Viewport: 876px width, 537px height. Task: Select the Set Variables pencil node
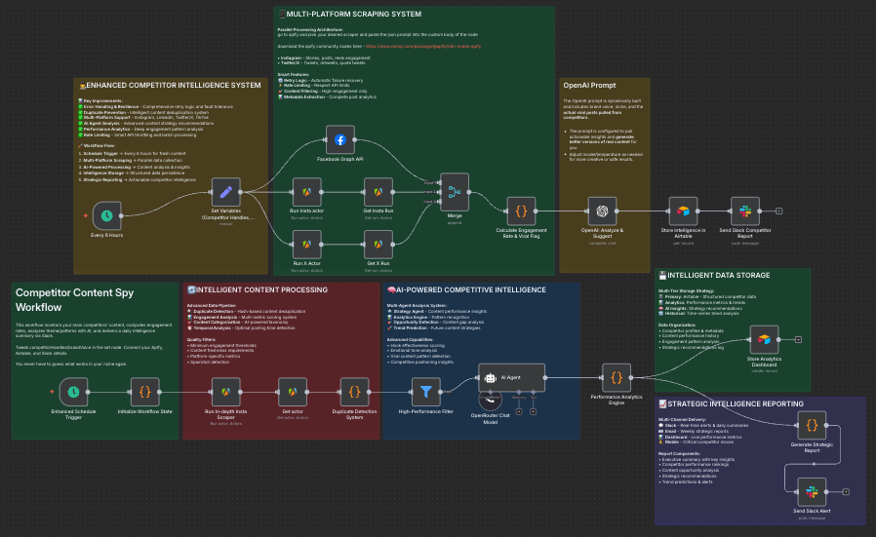tap(225, 195)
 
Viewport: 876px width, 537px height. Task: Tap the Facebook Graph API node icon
tap(340, 140)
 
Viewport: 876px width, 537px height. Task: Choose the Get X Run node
tap(378, 243)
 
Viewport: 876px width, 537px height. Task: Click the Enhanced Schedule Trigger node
tap(73, 391)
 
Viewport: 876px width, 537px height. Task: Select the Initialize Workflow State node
tap(144, 391)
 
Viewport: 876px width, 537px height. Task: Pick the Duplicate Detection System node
tap(354, 391)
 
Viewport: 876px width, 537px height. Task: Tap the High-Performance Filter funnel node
tap(425, 391)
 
